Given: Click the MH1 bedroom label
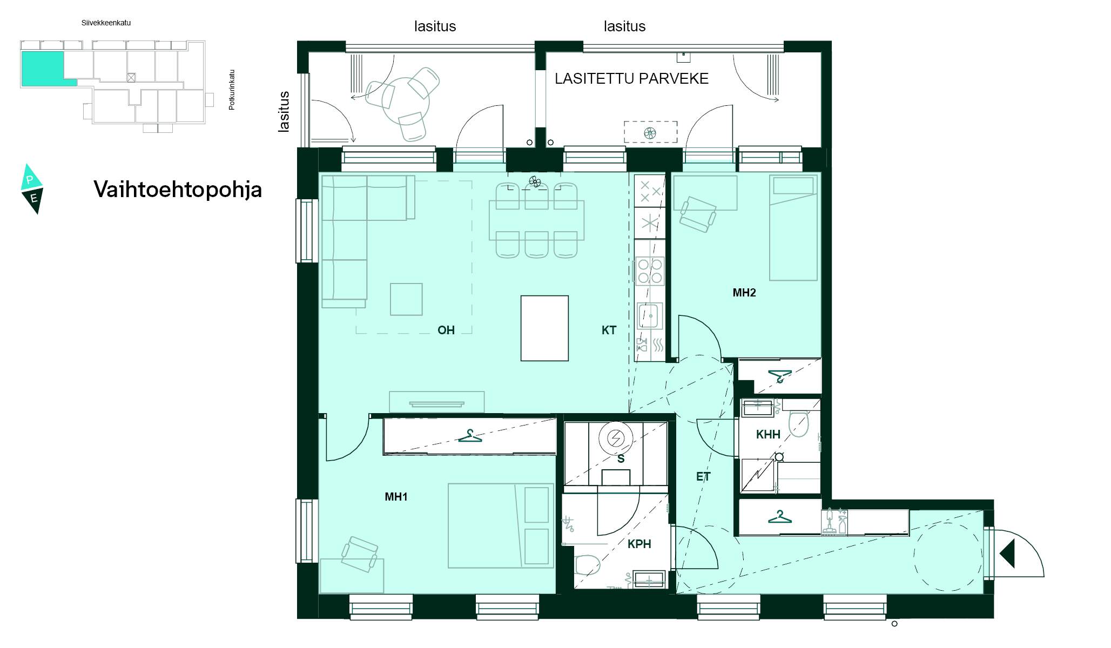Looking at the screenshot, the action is (x=396, y=497).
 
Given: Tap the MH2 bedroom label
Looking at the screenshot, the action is (x=744, y=293).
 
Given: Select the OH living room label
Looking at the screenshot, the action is (x=446, y=330).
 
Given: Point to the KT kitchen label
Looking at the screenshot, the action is (x=609, y=330).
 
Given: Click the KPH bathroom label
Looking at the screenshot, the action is (x=639, y=544).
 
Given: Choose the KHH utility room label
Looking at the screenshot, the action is (x=768, y=435).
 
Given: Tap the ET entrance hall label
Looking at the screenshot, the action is (x=703, y=477).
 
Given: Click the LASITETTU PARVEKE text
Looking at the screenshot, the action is (x=631, y=79).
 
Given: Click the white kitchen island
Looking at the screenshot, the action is (x=544, y=328).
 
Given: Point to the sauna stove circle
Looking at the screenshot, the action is (x=616, y=438).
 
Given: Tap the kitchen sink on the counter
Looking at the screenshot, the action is (x=650, y=316).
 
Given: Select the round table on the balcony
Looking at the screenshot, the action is (x=406, y=101).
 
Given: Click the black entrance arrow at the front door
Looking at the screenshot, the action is (x=1007, y=554).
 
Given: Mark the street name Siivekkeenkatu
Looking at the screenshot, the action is (x=106, y=23).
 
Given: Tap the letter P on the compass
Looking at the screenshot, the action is (x=30, y=180).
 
